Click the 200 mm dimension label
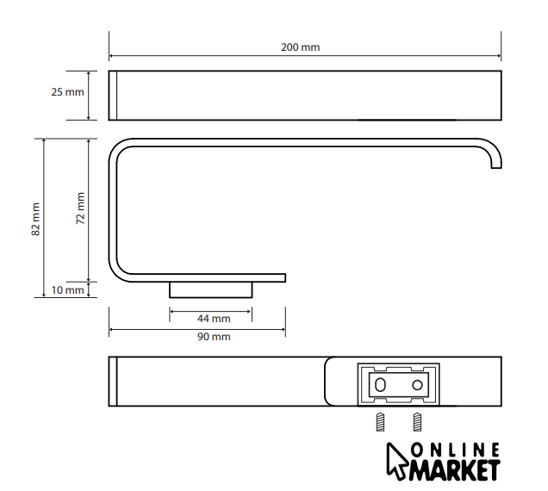(x=300, y=47)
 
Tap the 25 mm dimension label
(x=67, y=92)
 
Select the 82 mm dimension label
(x=35, y=219)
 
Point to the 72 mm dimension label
(x=80, y=208)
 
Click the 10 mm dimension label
(x=67, y=290)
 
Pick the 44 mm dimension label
(x=214, y=319)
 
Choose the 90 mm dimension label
(x=214, y=337)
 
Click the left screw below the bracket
(x=380, y=422)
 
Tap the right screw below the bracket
(x=417, y=422)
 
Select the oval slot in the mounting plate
(x=380, y=385)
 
